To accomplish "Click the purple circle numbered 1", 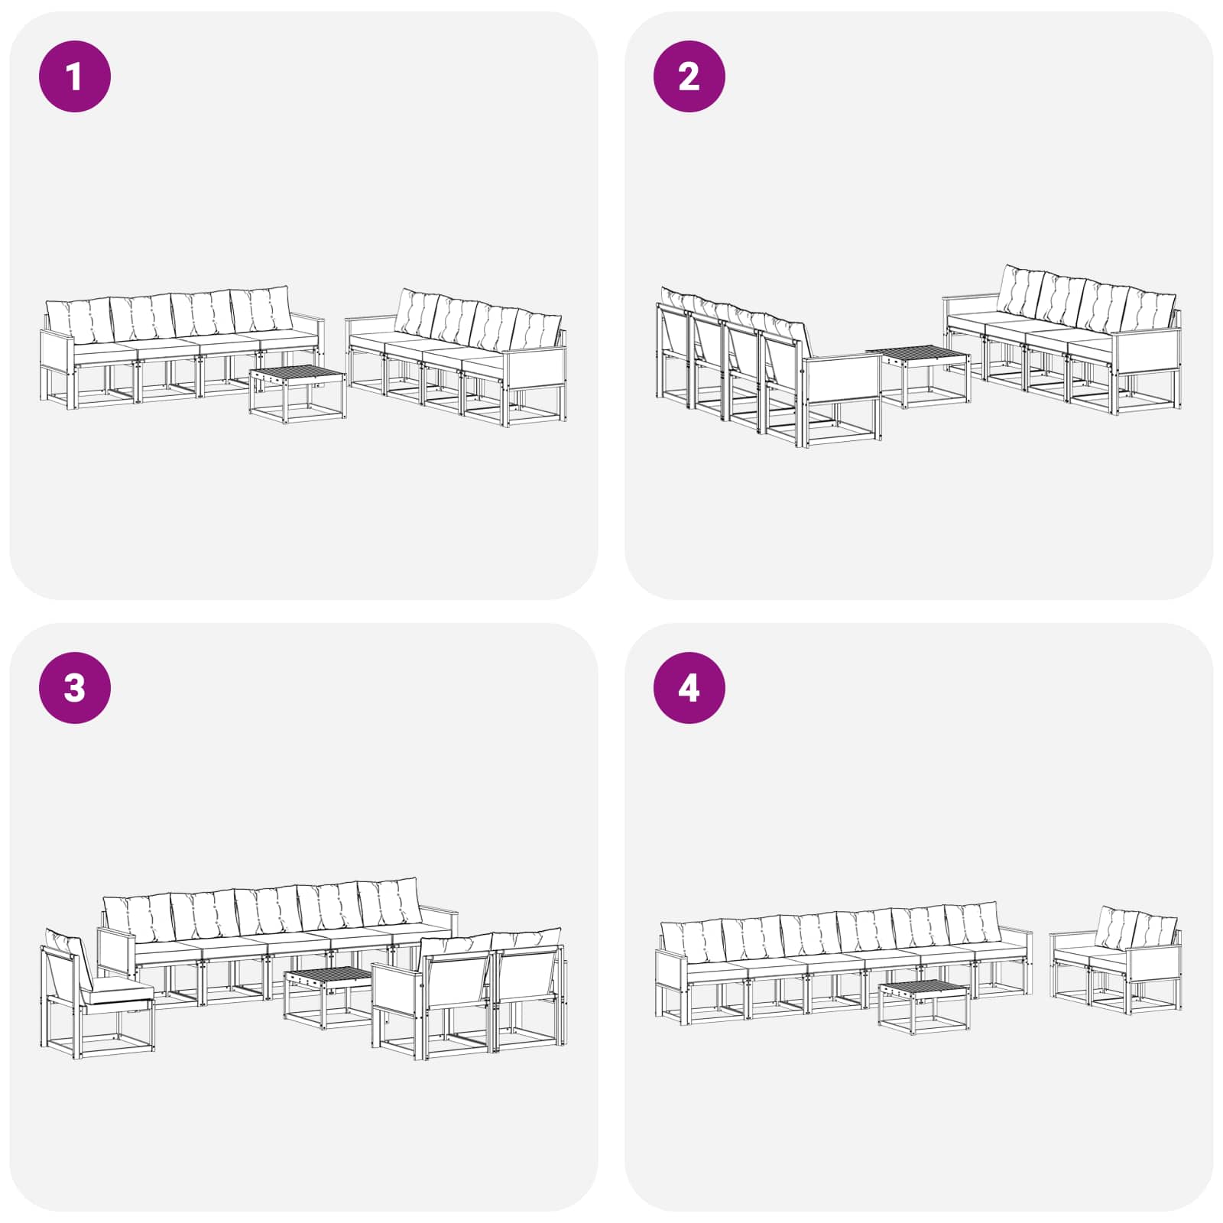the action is click(x=75, y=76).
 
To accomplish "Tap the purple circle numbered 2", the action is click(x=689, y=76).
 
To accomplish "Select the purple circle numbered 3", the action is click(x=75, y=688).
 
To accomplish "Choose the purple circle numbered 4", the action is click(x=689, y=688).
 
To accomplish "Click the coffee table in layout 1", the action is click(x=297, y=394).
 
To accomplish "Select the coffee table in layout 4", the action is click(x=924, y=1007).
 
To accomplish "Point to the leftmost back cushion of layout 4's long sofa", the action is click(x=693, y=942).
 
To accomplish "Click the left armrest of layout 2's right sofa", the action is click(x=972, y=298).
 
